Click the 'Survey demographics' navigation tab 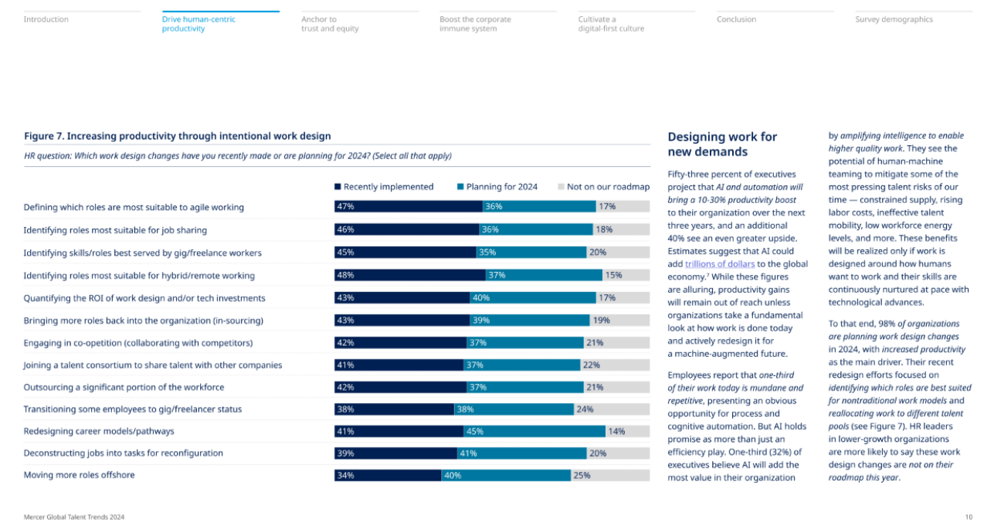pos(894,19)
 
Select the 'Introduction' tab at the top pos(46,19)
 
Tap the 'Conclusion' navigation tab pos(736,19)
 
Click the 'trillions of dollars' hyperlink pos(720,264)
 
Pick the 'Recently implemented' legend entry pos(384,187)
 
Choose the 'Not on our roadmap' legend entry pos(603,187)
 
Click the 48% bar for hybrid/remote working pos(410,275)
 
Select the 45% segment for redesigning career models pos(534,432)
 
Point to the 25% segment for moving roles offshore pos(610,476)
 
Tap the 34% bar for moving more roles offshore pos(388,476)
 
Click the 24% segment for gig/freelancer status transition pos(612,409)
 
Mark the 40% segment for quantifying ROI pos(532,298)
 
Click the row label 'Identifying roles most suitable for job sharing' pos(115,230)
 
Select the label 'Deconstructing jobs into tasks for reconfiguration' pos(124,453)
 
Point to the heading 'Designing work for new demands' pos(722,144)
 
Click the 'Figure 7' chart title pos(178,136)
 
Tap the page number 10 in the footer pos(969,517)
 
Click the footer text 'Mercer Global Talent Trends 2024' pos(74,517)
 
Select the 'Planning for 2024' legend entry pos(497,187)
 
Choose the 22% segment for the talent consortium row pos(615,365)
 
